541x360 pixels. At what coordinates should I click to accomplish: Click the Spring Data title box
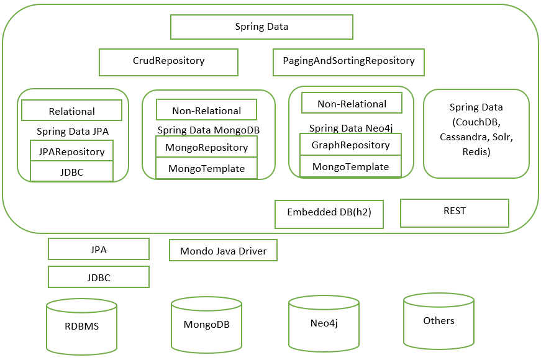(261, 27)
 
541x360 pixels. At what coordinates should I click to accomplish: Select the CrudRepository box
(168, 61)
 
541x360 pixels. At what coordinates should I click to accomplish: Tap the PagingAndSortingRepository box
(348, 61)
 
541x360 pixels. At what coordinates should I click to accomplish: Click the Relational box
(71, 111)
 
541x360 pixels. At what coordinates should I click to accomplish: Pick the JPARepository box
(71, 151)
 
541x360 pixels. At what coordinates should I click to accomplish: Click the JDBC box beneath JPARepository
(71, 171)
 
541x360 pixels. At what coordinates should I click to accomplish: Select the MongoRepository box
(206, 148)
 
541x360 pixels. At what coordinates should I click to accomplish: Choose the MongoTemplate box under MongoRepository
(206, 168)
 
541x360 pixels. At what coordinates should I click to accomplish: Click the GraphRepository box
(350, 145)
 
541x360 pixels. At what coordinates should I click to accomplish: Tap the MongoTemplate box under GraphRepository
(350, 166)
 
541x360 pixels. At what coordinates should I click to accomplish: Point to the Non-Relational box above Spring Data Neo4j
(352, 104)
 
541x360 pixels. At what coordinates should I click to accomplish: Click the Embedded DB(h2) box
(329, 213)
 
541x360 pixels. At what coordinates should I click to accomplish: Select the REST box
(454, 212)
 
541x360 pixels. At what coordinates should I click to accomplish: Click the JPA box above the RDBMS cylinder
(98, 250)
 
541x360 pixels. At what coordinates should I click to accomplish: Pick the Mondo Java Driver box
(223, 251)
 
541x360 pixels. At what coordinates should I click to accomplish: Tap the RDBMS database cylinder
(81, 326)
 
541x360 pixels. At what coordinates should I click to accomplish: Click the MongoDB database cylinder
(206, 325)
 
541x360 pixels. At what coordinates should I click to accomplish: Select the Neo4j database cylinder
(324, 323)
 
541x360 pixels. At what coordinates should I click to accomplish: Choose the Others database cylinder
(439, 321)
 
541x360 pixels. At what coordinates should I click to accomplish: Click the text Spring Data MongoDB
(207, 130)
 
